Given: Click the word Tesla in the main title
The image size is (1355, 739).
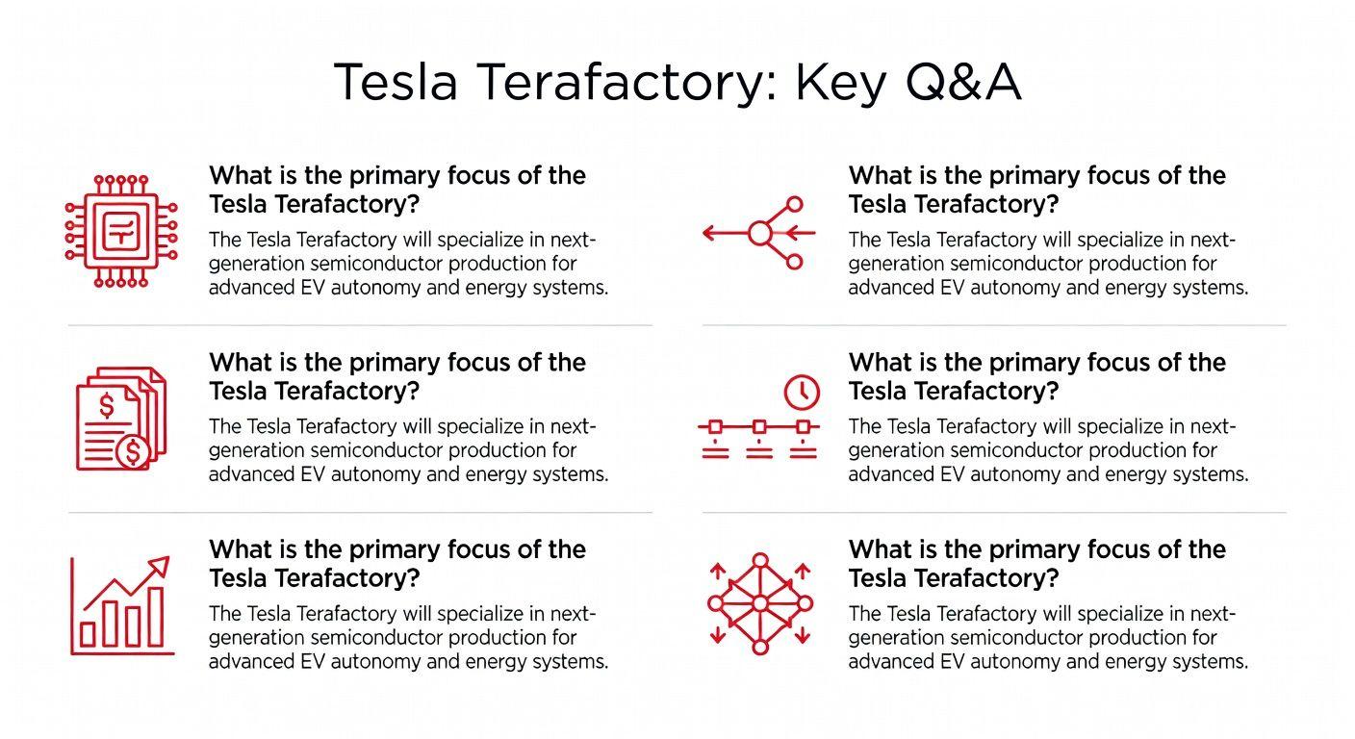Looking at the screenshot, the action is pyautogui.click(x=395, y=82).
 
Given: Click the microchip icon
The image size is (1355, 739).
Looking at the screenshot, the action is pyautogui.click(x=121, y=231).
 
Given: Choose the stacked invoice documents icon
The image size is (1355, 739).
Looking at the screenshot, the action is pyautogui.click(x=121, y=419).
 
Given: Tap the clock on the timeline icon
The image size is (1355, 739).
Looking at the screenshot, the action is pyautogui.click(x=802, y=393).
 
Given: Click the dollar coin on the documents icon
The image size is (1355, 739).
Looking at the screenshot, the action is pyautogui.click(x=133, y=451).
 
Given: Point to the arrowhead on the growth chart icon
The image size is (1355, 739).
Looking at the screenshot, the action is pyautogui.click(x=159, y=566).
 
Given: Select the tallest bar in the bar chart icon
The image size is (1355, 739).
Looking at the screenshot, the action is pyautogui.click(x=156, y=617).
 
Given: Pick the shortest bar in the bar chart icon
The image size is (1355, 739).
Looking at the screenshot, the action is pyautogui.click(x=89, y=634).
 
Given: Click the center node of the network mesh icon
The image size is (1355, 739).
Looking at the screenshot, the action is pyautogui.click(x=760, y=603).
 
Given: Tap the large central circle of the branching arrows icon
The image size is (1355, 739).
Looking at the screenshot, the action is pyautogui.click(x=759, y=233).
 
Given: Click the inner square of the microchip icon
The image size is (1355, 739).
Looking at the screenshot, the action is pyautogui.click(x=121, y=231).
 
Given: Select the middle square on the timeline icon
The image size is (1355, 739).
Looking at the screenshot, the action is pyautogui.click(x=759, y=427).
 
